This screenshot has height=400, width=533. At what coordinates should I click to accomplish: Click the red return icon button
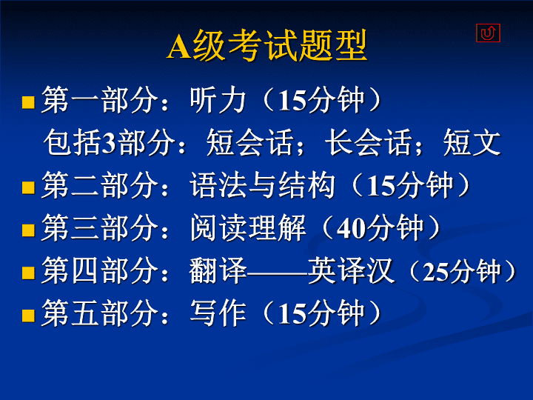point(488,33)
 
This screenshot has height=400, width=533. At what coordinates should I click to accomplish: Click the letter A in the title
point(179,47)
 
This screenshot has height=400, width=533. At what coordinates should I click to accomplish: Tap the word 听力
point(218,100)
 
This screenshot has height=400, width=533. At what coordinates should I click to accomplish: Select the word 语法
point(218,184)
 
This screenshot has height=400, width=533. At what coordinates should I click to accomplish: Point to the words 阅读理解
point(248,227)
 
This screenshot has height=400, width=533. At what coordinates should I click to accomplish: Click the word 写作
point(218,313)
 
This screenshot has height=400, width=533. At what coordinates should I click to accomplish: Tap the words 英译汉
point(351,270)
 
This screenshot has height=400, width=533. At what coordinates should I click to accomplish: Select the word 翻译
point(218,270)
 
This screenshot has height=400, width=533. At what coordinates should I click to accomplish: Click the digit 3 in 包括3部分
point(108,143)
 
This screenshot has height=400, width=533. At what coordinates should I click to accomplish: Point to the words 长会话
point(368,142)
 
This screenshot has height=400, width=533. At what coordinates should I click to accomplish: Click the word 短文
point(472,142)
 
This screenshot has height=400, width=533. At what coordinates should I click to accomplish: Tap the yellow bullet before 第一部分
point(29,102)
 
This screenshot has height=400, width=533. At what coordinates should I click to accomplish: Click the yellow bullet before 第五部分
point(29,316)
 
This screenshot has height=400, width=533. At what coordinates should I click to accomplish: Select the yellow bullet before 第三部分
point(29,230)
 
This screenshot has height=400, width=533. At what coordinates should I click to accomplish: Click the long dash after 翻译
point(277,272)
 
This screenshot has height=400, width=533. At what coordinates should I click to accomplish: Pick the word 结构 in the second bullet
point(306,184)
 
